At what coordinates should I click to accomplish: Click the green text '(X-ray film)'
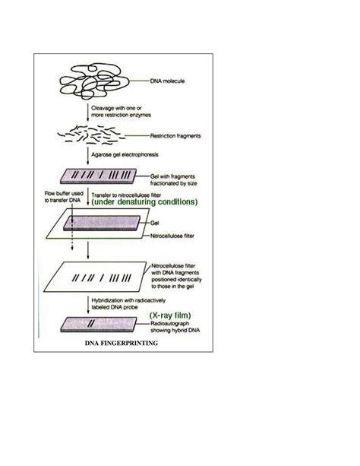point(175,315)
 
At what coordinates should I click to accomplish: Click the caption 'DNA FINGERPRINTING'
point(121,344)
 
